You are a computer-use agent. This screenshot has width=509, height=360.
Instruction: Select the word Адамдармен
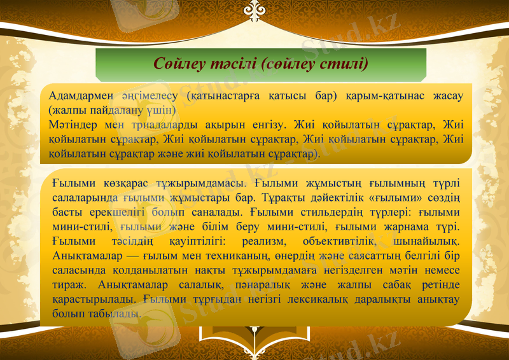[81, 97]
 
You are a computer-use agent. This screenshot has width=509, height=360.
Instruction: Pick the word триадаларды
[156, 125]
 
